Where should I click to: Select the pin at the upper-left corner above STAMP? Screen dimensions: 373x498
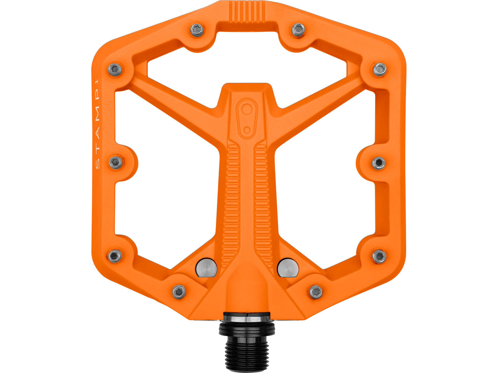click(115, 70)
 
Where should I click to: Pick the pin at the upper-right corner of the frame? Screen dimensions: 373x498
click(380, 69)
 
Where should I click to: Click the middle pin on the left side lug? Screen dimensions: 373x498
click(116, 162)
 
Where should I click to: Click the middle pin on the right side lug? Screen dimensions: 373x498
click(379, 162)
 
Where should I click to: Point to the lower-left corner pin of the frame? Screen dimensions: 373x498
click(115, 256)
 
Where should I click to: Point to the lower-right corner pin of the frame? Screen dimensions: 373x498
click(379, 256)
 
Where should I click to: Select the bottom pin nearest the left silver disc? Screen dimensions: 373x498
click(179, 291)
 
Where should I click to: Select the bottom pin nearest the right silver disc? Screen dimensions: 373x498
click(316, 291)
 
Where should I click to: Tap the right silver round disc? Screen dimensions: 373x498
click(288, 267)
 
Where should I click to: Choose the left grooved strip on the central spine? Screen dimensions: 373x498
click(232, 194)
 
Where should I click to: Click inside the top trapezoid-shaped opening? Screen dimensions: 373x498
click(248, 58)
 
